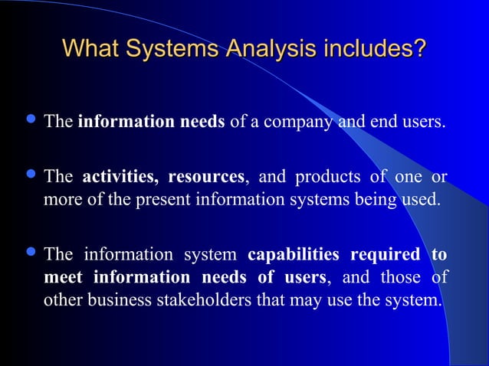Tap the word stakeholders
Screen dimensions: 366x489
coord(221,299)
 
